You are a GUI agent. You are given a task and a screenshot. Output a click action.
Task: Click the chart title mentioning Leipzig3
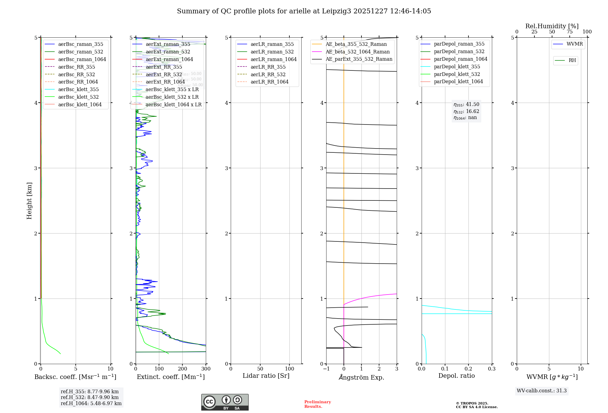click(x=304, y=11)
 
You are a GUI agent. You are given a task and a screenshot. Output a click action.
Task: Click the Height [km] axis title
click(x=29, y=200)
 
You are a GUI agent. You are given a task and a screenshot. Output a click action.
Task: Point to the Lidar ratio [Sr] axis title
click(x=266, y=376)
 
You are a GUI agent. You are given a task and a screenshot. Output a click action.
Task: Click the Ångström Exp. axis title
click(x=361, y=377)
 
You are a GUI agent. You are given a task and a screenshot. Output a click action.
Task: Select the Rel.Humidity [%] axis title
click(x=552, y=26)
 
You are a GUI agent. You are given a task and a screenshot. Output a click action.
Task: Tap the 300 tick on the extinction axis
click(x=206, y=369)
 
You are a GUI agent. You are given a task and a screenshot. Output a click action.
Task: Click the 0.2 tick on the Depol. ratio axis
click(x=468, y=369)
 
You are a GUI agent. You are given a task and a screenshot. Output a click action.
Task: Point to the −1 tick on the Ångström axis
click(x=326, y=369)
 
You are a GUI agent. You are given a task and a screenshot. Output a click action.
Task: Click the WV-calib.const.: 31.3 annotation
click(x=542, y=391)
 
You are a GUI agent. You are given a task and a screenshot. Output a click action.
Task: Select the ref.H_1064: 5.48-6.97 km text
click(x=91, y=404)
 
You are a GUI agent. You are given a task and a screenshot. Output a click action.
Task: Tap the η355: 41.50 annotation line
click(x=466, y=104)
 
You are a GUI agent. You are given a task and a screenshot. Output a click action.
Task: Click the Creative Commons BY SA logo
click(x=225, y=402)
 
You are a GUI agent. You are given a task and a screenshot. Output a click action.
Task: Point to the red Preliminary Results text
click(x=317, y=404)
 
